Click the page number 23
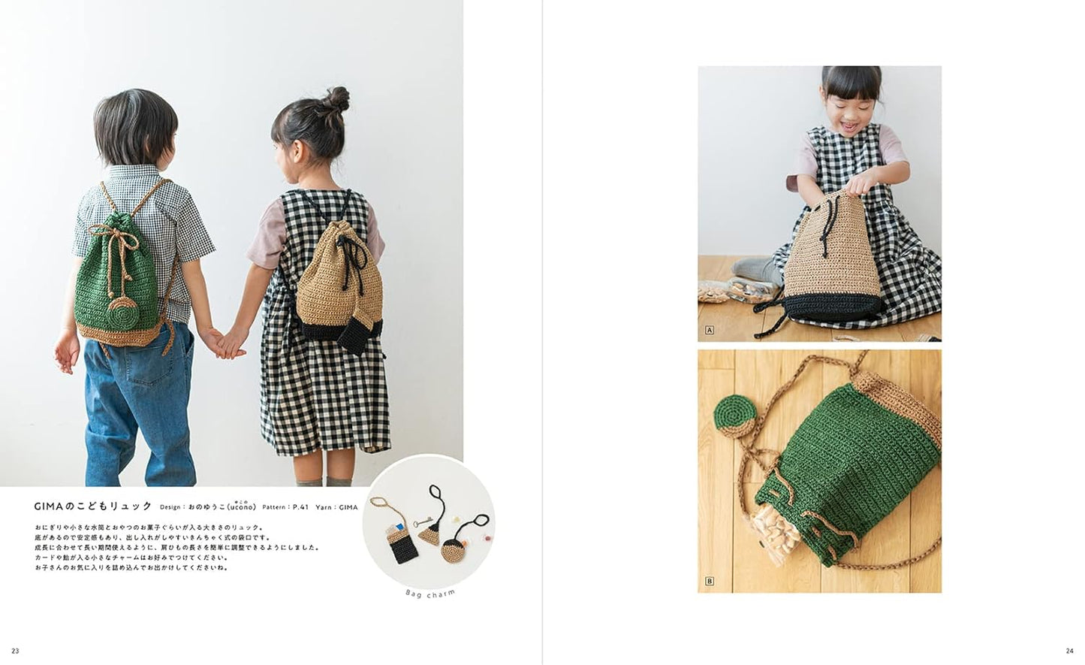16,651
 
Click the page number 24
1069,651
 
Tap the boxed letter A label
710,331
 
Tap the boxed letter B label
710,581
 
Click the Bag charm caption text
430,594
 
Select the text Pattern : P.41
285,507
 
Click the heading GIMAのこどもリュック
93,506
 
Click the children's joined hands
227,343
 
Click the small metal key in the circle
423,522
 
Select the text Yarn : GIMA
336,507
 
